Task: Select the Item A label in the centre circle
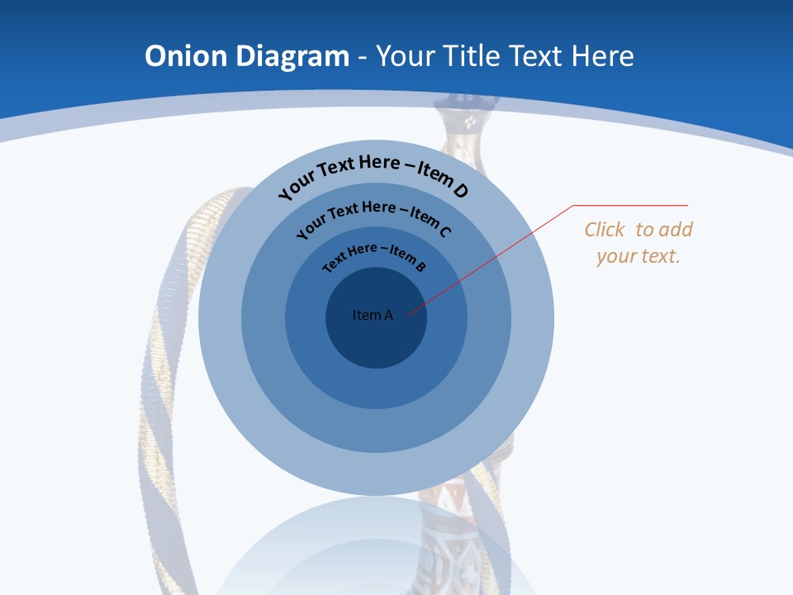373,315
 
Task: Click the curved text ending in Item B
374,255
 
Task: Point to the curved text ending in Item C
373,216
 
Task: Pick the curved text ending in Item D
373,173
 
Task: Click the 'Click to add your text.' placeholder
639,243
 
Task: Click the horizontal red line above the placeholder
631,205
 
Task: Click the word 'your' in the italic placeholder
616,256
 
